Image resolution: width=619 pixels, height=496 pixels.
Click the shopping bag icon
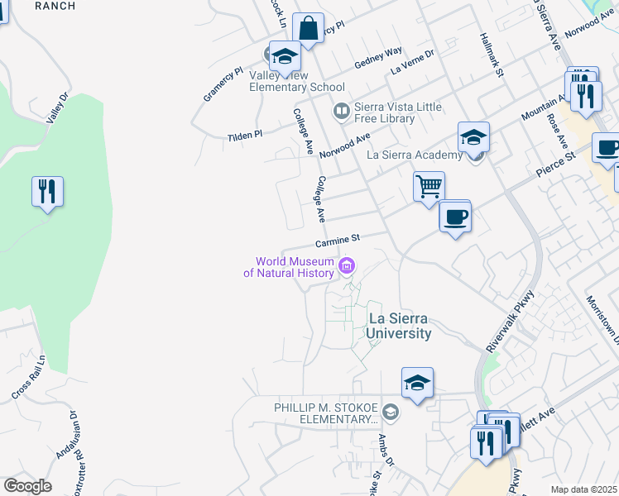(308, 28)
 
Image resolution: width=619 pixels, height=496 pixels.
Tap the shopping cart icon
(429, 186)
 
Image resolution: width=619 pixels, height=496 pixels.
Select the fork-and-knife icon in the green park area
(47, 192)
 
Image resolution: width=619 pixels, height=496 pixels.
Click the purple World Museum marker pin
(347, 265)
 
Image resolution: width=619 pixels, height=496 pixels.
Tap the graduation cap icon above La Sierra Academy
(474, 136)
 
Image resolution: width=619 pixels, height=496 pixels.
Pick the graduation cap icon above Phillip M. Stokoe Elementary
(417, 382)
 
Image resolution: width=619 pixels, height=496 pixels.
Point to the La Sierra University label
(400, 326)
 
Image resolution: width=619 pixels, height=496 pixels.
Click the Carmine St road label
(337, 241)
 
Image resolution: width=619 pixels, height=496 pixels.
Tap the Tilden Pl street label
(245, 134)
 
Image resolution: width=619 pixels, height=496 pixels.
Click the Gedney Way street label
(378, 58)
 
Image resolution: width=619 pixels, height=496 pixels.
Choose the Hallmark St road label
(492, 56)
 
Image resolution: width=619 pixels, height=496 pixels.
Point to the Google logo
(28, 486)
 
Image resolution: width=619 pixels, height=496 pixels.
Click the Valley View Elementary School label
(297, 81)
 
